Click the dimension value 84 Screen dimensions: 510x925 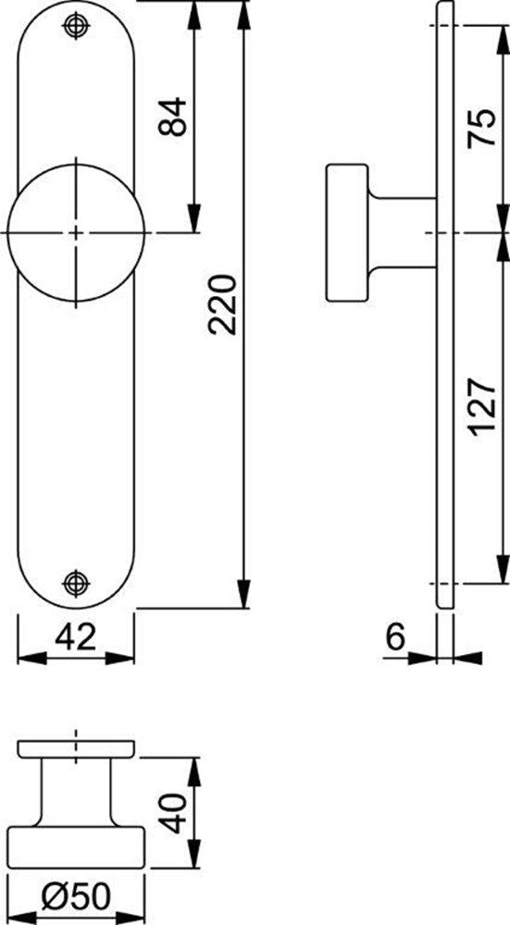coord(173,117)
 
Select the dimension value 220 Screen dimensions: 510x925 coord(222,304)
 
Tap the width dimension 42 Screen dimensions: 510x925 coord(76,637)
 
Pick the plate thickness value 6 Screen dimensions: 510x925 coord(395,637)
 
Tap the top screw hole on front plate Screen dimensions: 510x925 coord(76,25)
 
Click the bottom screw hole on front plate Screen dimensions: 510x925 coord(76,583)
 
